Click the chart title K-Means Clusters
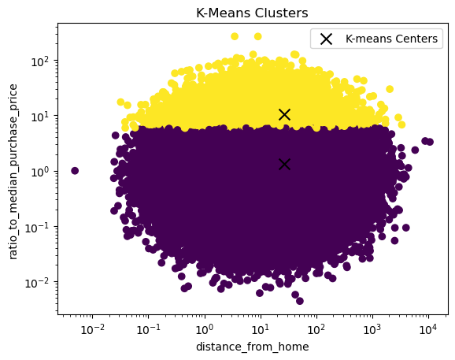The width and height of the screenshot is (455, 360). [x=252, y=13]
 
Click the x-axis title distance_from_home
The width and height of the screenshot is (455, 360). [x=253, y=347]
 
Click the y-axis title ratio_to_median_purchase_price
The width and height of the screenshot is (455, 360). [x=13, y=172]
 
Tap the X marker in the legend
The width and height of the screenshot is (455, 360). [x=326, y=39]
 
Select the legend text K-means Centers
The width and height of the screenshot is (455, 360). [x=391, y=39]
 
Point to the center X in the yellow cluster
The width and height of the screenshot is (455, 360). [x=284, y=115]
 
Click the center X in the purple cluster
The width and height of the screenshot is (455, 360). [x=284, y=165]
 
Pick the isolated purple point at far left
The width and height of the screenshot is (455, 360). [x=75, y=171]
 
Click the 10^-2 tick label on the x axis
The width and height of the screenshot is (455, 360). [x=92, y=329]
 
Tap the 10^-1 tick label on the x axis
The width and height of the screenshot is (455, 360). [x=148, y=329]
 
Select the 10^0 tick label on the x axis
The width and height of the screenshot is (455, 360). [x=205, y=329]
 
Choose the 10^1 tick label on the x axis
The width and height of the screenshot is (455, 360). [x=261, y=329]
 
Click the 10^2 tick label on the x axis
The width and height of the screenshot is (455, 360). [x=316, y=329]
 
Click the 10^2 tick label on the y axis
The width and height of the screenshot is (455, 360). [x=40, y=61]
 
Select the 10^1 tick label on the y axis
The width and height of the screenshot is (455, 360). [x=40, y=117]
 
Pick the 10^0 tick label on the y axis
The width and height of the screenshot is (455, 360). [x=40, y=172]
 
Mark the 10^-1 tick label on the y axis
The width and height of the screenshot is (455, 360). [x=38, y=228]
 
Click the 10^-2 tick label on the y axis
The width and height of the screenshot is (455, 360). [x=38, y=283]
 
